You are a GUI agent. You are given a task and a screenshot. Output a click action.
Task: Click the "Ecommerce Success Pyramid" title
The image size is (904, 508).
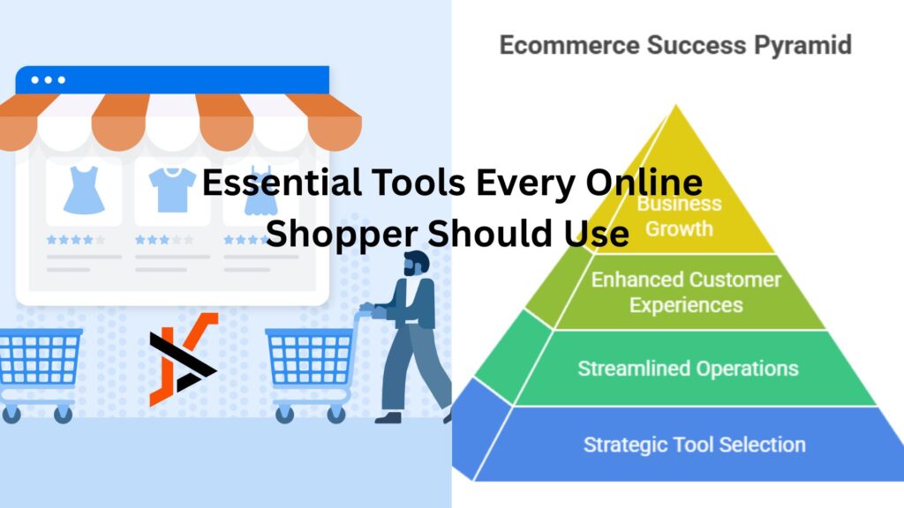(x=675, y=45)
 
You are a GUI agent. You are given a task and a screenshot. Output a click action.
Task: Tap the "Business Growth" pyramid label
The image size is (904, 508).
(x=679, y=215)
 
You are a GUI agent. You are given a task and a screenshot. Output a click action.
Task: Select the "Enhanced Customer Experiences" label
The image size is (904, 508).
(x=686, y=292)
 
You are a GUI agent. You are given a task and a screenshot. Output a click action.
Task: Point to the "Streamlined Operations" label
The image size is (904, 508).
(x=688, y=368)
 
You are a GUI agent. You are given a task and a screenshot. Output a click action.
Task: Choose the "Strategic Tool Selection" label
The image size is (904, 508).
(x=694, y=444)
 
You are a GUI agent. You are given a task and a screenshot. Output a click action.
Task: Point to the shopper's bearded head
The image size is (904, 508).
(x=415, y=265)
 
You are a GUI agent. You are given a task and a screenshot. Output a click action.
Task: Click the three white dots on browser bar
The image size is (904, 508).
(x=48, y=80)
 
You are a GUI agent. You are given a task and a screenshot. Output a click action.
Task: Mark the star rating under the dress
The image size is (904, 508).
(x=75, y=239)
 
